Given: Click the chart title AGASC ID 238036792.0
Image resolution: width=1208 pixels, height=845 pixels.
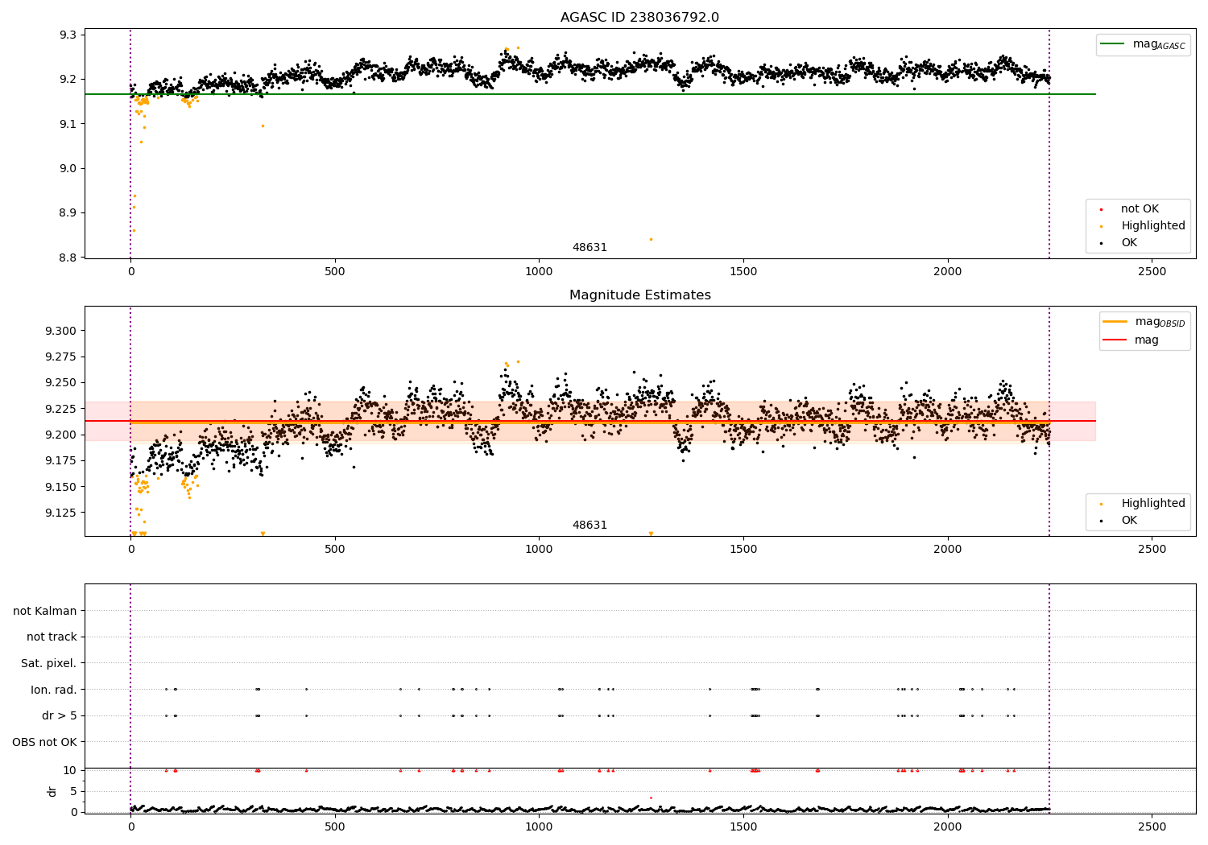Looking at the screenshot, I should [x=639, y=18].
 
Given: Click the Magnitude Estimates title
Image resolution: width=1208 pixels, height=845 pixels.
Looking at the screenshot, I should [x=639, y=295].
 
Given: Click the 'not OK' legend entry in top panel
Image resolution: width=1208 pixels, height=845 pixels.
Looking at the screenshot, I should [x=1140, y=209].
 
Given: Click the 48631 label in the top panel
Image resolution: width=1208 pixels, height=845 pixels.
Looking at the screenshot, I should [x=590, y=248].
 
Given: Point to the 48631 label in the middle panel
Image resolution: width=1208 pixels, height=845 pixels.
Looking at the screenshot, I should [x=590, y=526].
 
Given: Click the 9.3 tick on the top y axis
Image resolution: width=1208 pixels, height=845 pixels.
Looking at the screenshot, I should [x=68, y=35].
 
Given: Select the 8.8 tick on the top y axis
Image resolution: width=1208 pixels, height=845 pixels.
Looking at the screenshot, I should [x=68, y=258].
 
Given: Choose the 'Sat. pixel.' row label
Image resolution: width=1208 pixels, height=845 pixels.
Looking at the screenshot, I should [x=48, y=664].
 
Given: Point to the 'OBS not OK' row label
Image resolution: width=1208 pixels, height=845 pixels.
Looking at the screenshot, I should [x=44, y=742].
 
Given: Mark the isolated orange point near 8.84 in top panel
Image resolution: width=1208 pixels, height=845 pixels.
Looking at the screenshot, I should [x=651, y=239].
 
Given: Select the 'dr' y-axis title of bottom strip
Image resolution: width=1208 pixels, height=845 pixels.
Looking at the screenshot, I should [x=52, y=791].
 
